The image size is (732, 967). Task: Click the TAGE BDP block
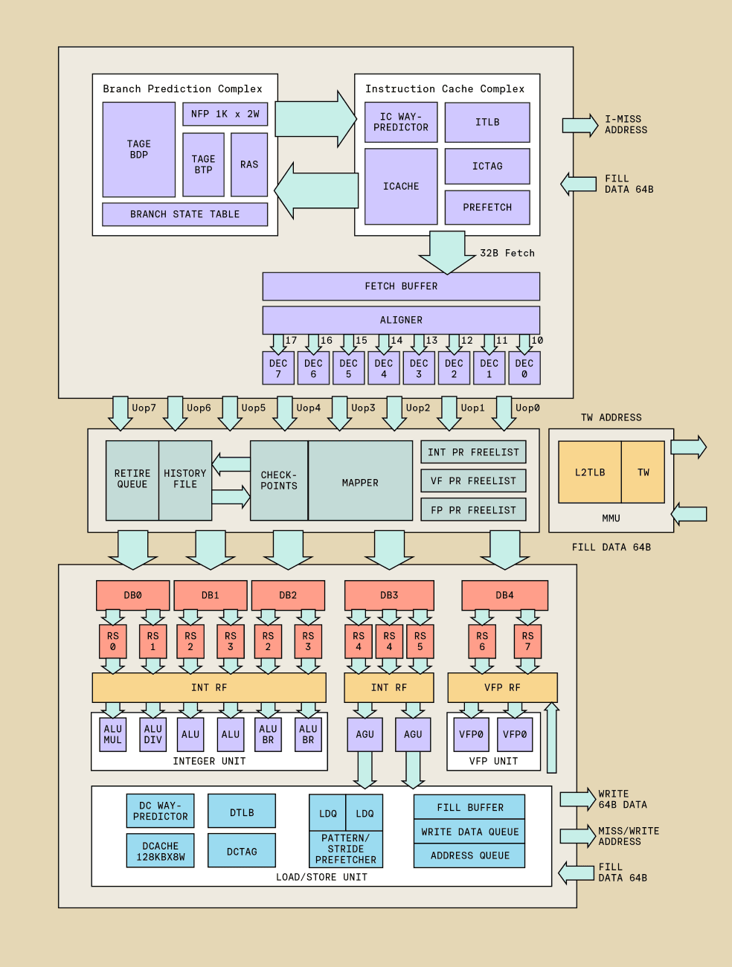139,150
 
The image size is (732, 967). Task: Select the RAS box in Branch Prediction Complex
249,164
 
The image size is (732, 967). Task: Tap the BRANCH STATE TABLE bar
184,214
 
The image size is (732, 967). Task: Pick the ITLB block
487,122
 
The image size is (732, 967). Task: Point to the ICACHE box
401,186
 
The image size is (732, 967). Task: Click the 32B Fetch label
507,253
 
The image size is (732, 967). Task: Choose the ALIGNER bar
401,320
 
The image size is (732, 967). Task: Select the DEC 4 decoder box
384,368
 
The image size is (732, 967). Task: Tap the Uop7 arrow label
144,408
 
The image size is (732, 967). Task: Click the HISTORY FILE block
185,479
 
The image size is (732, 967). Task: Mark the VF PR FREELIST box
473,481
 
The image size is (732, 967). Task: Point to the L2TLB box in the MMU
590,472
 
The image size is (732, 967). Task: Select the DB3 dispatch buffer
389,595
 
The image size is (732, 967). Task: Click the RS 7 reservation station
527,641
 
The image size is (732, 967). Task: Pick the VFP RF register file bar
502,687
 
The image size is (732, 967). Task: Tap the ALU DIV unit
153,734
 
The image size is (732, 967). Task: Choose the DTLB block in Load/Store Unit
242,812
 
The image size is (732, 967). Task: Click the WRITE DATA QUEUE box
469,832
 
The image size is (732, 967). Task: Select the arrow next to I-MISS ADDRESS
580,125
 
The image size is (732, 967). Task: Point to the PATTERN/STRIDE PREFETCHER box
346,849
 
